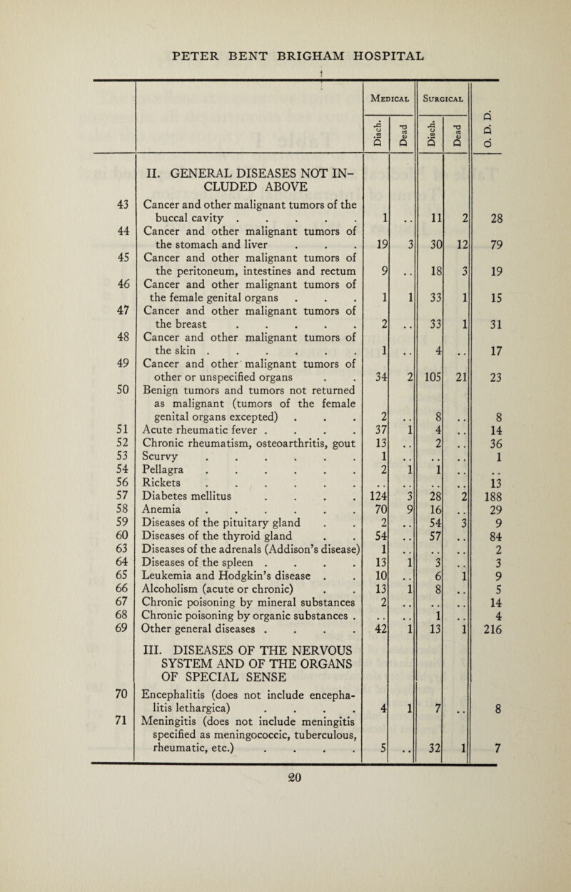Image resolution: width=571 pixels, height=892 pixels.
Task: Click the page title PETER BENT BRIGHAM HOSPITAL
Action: click(x=285, y=55)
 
